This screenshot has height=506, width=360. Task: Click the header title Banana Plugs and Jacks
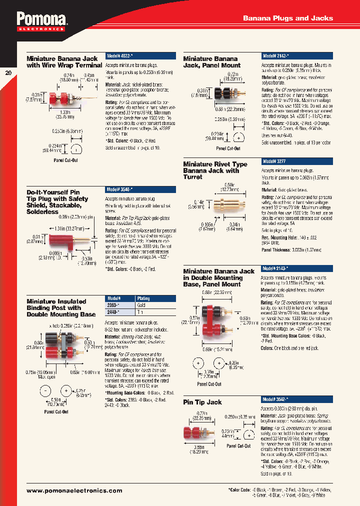point(287,18)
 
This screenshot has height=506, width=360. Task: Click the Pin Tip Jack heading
point(202,402)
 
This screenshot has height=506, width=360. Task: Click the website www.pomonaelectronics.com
point(74,491)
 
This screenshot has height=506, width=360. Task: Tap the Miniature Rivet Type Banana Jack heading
point(215,170)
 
